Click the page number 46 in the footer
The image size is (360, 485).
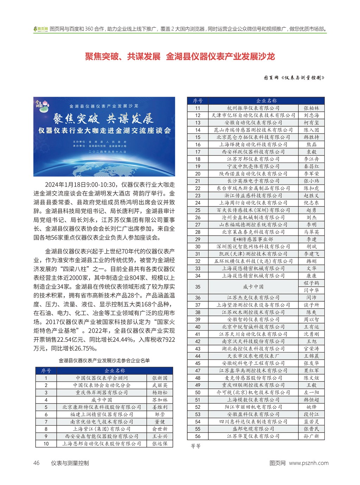point(37,463)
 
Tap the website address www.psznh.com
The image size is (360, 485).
point(309,463)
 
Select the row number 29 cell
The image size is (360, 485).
point(198,239)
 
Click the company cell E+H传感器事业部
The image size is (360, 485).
point(253,239)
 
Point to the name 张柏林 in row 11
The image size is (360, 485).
point(311,108)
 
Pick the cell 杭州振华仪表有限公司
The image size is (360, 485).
point(253,108)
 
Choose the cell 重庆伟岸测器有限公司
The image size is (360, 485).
point(102,393)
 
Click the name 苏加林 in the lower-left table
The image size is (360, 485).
point(160,400)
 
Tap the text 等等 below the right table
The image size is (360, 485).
point(196,446)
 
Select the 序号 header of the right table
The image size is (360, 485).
point(198,101)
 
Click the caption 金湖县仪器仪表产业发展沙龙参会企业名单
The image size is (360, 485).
point(104,360)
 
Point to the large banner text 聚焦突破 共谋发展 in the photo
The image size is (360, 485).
point(103,119)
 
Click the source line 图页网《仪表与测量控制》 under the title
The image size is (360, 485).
point(294,78)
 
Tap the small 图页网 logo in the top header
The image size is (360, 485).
point(41,29)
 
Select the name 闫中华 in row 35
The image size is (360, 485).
point(311,291)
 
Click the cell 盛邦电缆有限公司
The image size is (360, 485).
point(253,429)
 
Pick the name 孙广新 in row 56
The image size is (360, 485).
point(311,436)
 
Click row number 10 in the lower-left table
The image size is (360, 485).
point(46,443)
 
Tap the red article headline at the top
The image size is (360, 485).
point(180,57)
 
